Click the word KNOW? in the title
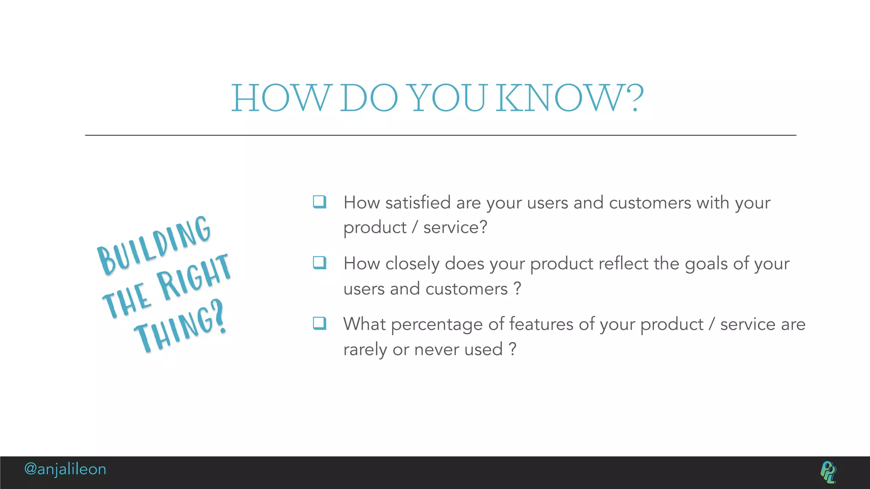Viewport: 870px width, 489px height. click(x=569, y=98)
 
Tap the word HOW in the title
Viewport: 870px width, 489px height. click(x=280, y=98)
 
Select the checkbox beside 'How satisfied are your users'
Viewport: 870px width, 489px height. click(x=319, y=202)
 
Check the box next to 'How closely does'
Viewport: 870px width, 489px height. click(x=319, y=263)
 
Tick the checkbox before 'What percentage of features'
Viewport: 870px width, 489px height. click(x=319, y=323)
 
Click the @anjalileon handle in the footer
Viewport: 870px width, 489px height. click(x=65, y=469)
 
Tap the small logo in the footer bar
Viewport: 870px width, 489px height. click(x=828, y=472)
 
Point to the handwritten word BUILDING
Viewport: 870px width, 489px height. click(x=154, y=245)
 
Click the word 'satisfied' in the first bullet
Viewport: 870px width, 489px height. click(x=418, y=203)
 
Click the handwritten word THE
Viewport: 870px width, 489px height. click(x=127, y=300)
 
